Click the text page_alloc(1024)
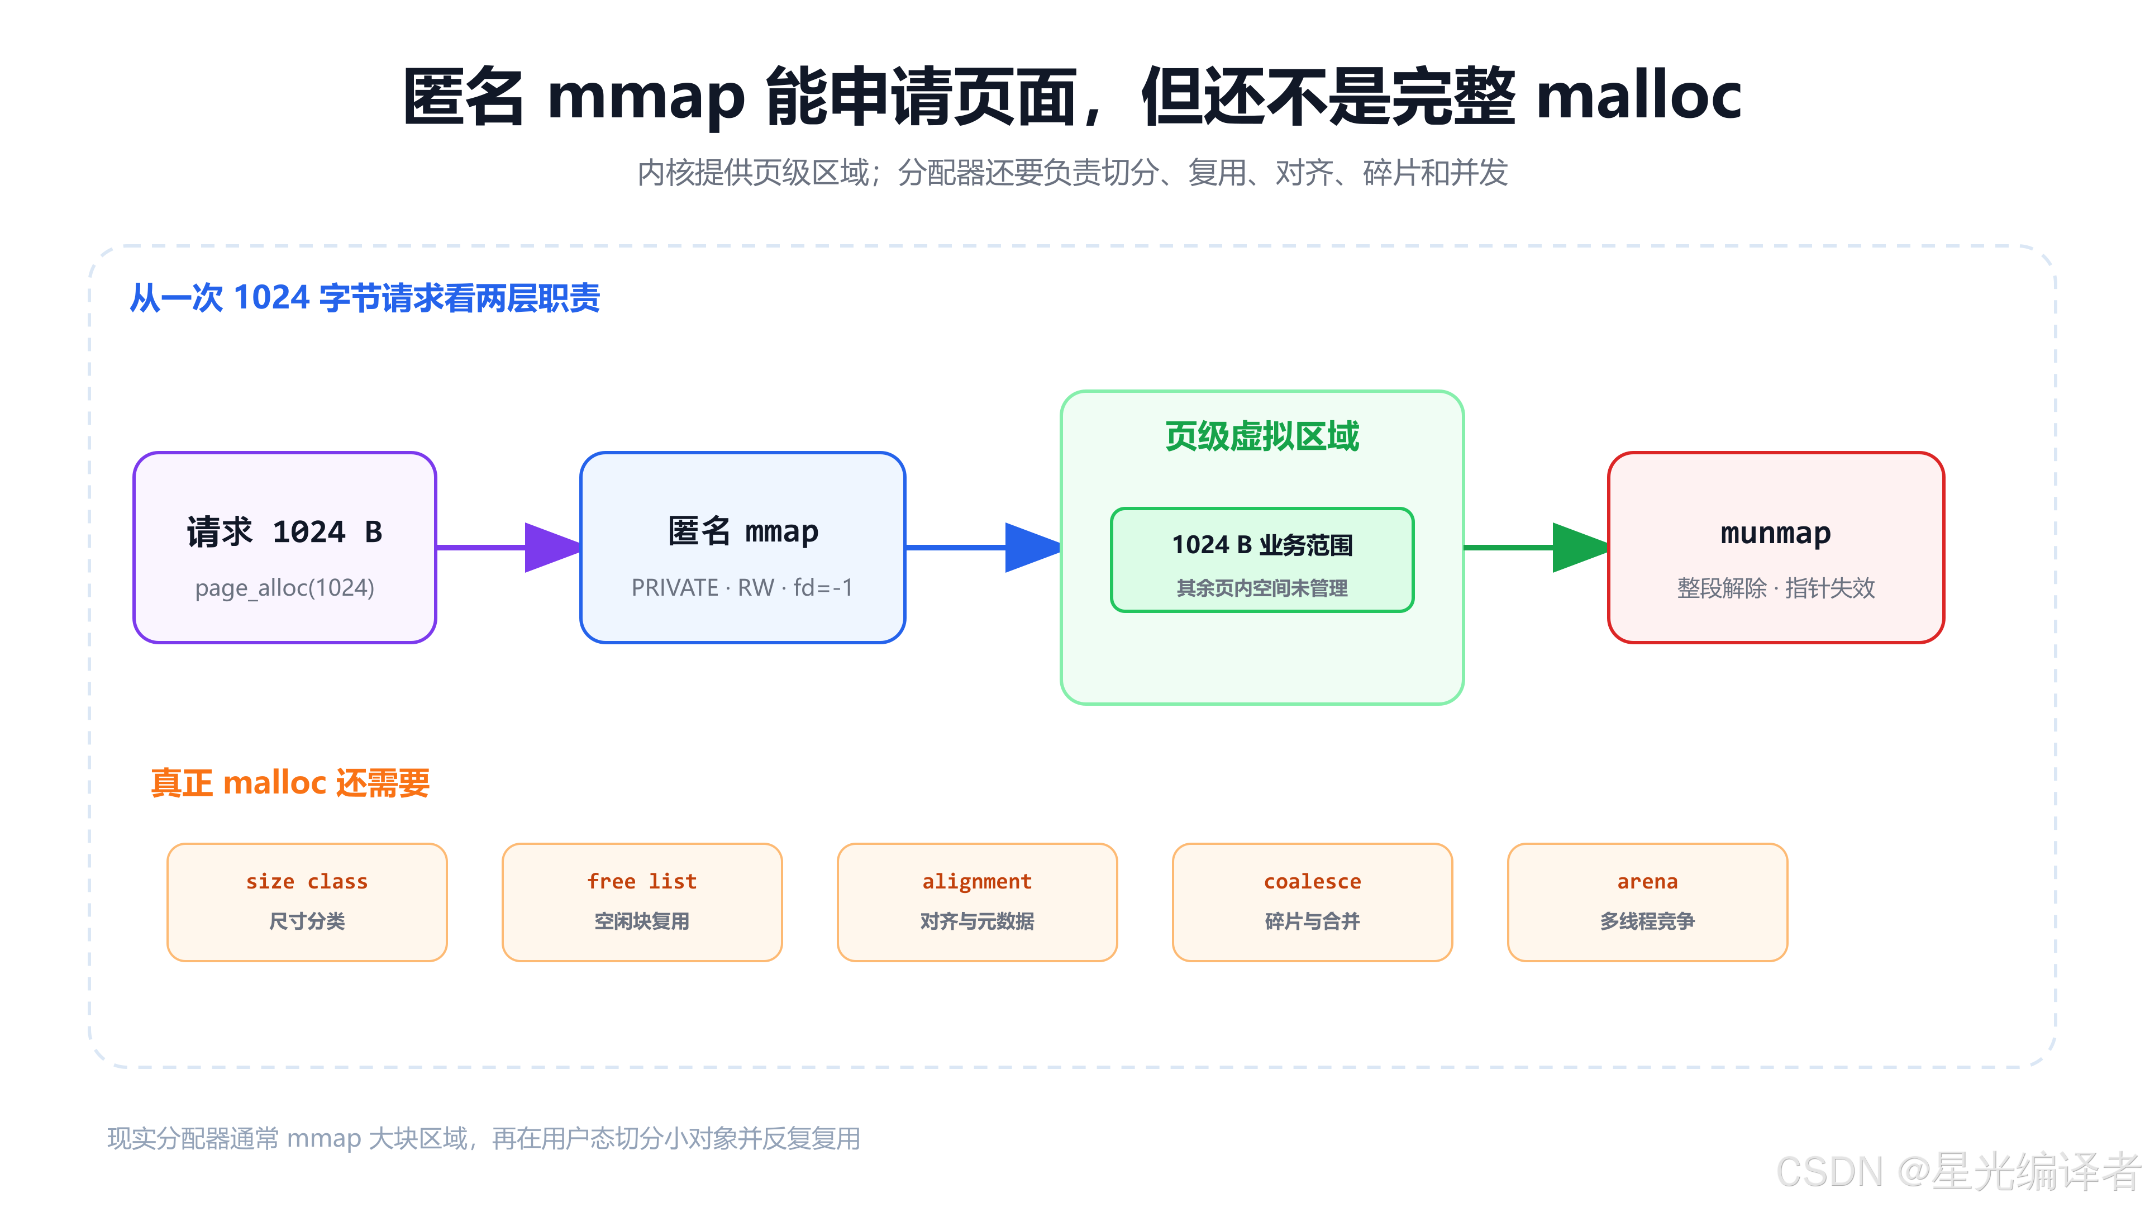(285, 588)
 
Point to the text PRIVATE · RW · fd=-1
(742, 588)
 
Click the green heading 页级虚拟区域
(1261, 436)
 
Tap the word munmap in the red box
(1775, 533)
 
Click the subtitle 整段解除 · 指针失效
(1775, 588)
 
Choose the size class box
(307, 902)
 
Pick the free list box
(642, 902)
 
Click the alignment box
(978, 902)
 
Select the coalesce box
(1312, 902)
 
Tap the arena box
(1647, 902)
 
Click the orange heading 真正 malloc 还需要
(290, 783)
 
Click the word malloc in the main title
(1638, 95)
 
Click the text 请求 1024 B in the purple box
(285, 533)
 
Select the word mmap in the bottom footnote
(324, 1139)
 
